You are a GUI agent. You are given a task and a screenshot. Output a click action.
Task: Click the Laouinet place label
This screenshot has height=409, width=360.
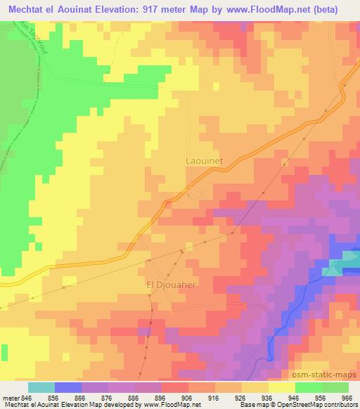click(205, 160)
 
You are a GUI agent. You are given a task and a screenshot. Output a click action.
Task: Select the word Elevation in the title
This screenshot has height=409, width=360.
click(127, 10)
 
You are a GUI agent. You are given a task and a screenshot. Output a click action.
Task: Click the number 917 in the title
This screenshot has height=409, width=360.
click(164, 10)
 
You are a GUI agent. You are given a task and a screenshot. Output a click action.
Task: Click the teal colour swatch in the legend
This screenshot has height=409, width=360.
click(41, 387)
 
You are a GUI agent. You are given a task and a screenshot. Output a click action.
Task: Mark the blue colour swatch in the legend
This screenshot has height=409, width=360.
click(68, 387)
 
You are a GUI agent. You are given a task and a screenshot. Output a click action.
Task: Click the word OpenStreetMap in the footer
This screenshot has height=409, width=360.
click(304, 404)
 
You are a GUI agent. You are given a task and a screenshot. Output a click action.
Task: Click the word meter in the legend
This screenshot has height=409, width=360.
click(11, 396)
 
